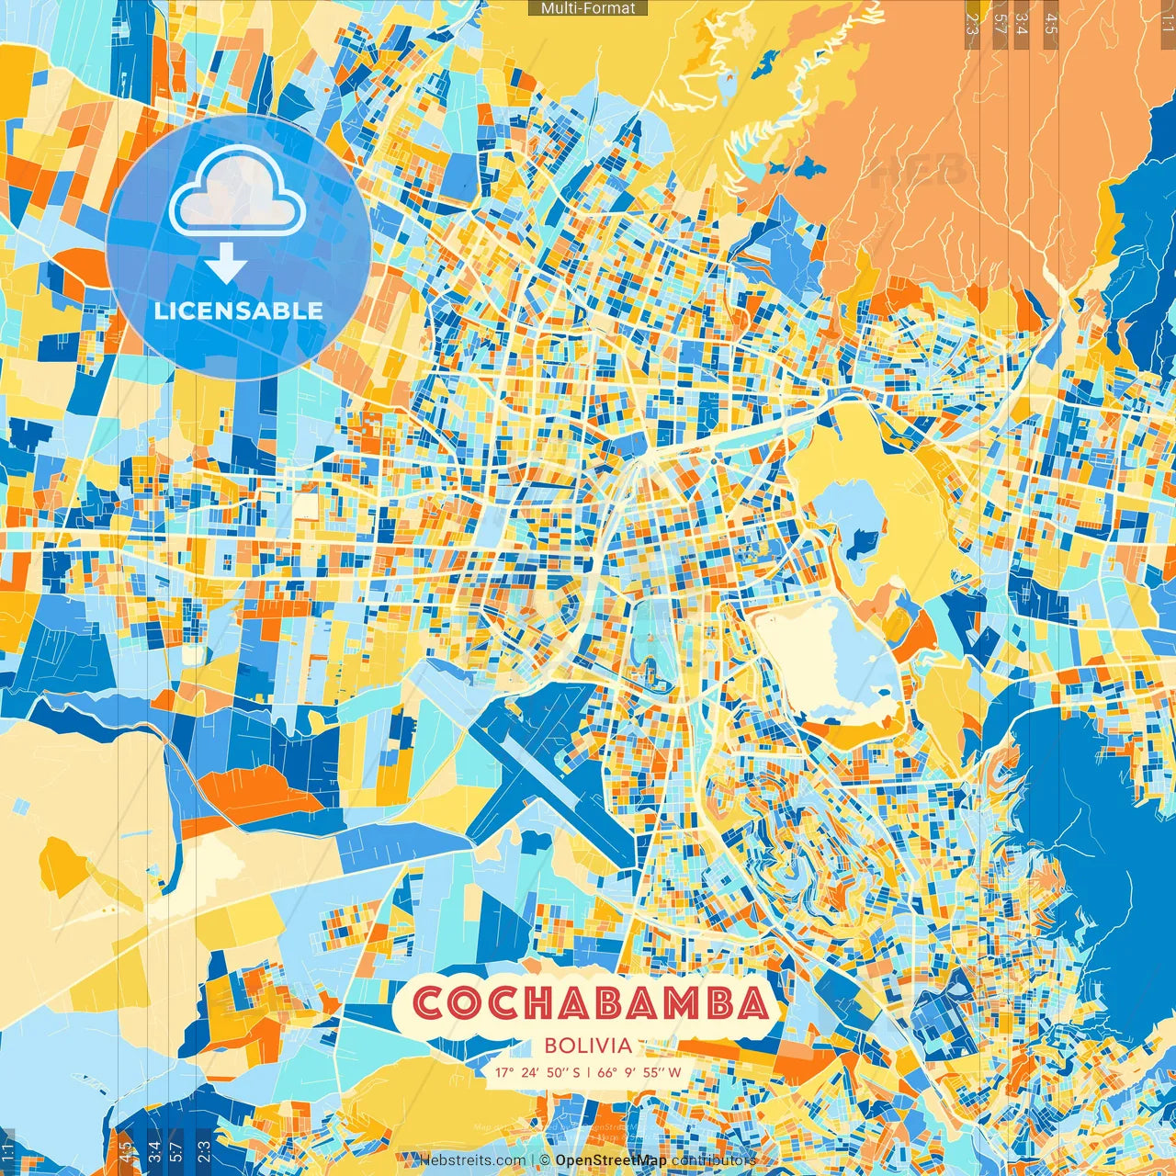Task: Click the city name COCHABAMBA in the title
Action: click(589, 1003)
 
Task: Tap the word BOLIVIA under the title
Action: click(588, 1046)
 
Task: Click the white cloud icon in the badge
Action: click(238, 191)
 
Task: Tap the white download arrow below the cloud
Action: click(226, 266)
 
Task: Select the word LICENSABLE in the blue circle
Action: click(238, 311)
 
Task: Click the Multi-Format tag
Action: click(588, 8)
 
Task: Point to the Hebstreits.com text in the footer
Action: click(472, 1160)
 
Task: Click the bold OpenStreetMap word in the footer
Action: click(611, 1160)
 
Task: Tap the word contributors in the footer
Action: click(714, 1160)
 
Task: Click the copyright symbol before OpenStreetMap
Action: click(545, 1160)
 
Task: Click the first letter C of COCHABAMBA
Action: click(430, 1003)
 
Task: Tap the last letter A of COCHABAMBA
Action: click(751, 1003)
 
